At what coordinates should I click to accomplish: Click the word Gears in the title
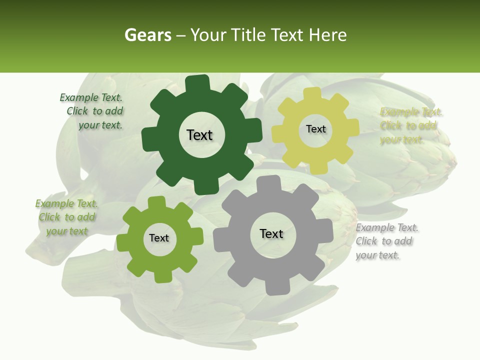click(147, 35)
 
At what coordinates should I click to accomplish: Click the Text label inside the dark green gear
click(199, 135)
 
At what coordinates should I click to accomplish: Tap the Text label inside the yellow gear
click(315, 129)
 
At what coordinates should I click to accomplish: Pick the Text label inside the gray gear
click(271, 234)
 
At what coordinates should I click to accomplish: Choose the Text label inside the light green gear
click(159, 238)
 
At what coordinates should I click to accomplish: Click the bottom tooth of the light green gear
click(161, 276)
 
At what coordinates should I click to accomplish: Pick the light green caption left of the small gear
click(66, 217)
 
